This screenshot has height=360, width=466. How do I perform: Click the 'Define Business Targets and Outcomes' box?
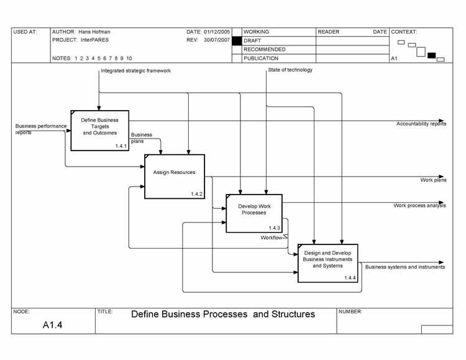pos(99,129)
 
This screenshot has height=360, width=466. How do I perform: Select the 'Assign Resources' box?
pos(174,175)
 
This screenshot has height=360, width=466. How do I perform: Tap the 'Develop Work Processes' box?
pos(253,212)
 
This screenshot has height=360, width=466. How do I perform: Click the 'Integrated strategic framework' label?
pos(135,71)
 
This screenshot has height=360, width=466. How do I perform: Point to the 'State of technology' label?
pos(290,70)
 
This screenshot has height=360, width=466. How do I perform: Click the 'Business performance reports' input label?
pos(40,129)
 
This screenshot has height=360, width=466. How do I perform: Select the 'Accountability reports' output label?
pos(421,124)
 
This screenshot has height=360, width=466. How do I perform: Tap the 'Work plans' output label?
pos(433,180)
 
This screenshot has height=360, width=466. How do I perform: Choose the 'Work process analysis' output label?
pos(419,205)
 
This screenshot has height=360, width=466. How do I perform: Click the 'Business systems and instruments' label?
pos(404,267)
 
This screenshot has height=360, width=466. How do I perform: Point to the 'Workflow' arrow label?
pos(272,238)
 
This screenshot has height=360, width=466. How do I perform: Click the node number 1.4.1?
pos(121,145)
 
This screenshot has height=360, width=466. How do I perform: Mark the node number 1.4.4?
pos(350,277)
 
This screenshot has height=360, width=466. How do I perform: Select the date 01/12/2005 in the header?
pos(216,32)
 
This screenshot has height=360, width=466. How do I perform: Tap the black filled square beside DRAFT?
pos(236,40)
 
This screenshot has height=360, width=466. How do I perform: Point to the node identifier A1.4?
pos(53,325)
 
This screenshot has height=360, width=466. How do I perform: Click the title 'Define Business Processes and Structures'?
pos(223,314)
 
